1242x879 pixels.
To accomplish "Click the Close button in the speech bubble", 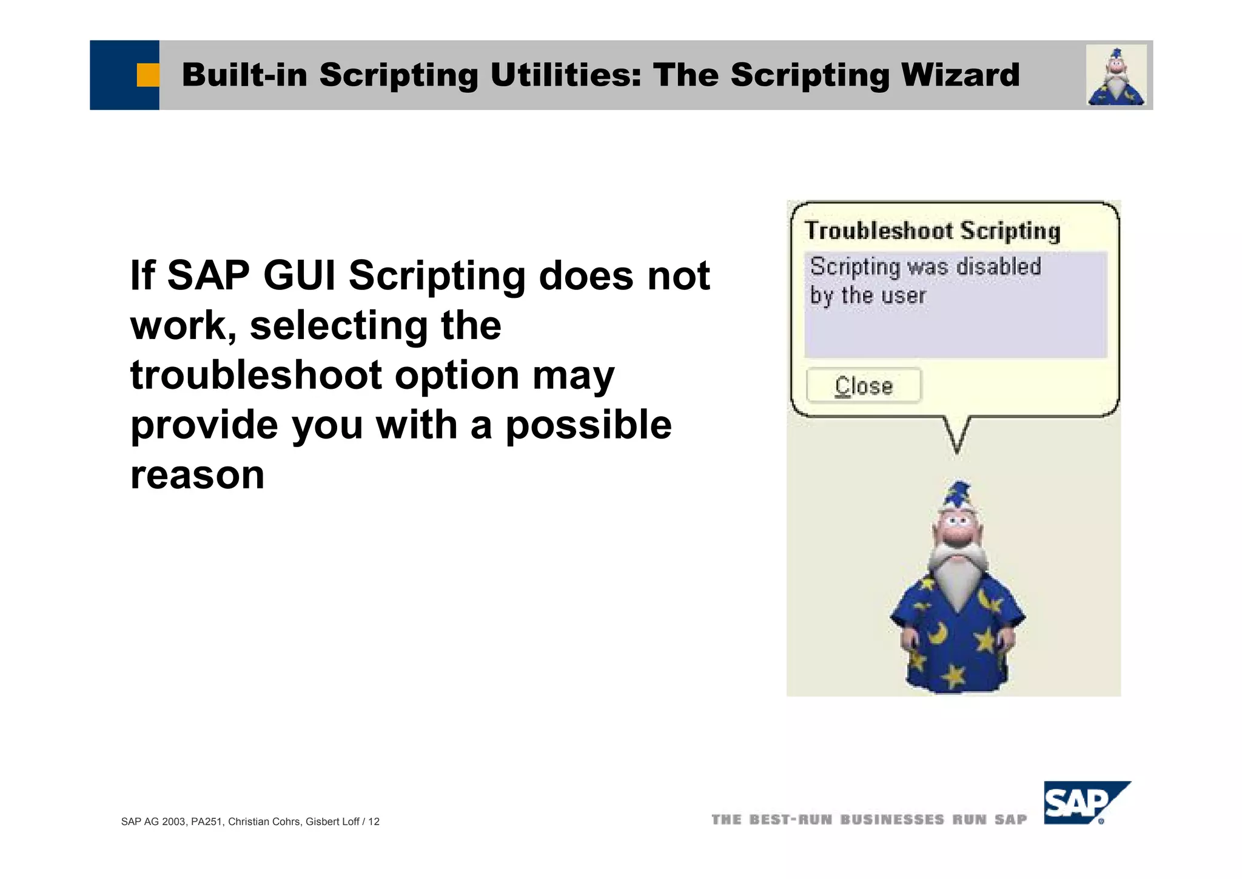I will (864, 386).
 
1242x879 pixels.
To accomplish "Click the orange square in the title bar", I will (147, 75).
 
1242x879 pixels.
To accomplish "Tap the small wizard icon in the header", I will (1116, 76).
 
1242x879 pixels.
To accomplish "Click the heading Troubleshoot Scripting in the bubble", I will (932, 231).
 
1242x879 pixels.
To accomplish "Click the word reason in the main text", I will (197, 474).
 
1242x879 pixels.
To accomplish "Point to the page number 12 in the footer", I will (374, 821).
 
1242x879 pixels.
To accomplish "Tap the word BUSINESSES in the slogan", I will (892, 820).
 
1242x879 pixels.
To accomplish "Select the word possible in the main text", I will (588, 425).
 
